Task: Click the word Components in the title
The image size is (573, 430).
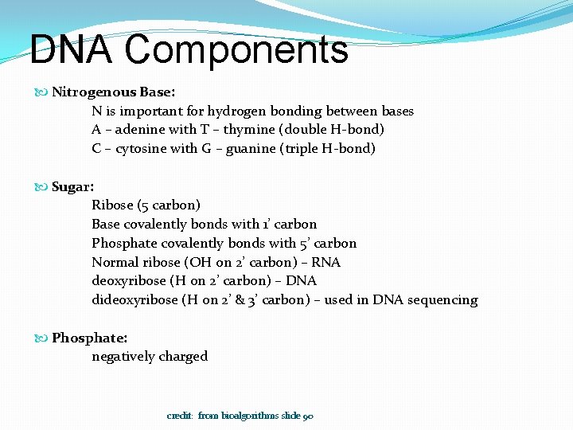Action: (x=236, y=49)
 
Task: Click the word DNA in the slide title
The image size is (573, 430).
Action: (x=72, y=49)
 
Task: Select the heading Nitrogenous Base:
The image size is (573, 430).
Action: (x=113, y=92)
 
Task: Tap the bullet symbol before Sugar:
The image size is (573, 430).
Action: (x=43, y=186)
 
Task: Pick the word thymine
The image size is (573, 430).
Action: (x=230, y=130)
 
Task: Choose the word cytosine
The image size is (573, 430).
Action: (x=144, y=149)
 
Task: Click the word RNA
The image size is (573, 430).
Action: (x=326, y=262)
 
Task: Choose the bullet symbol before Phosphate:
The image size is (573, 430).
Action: (x=43, y=338)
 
